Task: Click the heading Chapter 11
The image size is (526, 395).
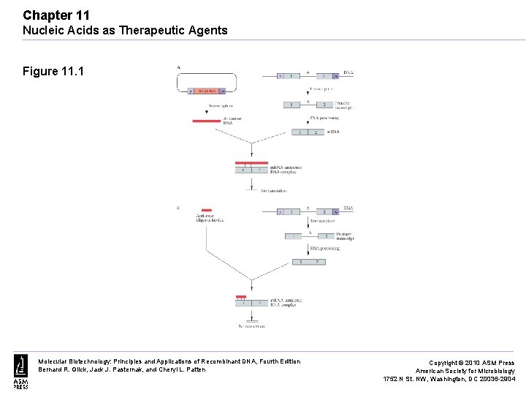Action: coord(56,15)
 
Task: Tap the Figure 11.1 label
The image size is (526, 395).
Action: coord(53,71)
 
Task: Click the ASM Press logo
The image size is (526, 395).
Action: coord(20,371)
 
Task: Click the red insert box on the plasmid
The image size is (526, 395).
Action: coord(204,91)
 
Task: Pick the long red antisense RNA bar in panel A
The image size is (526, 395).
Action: coord(206,120)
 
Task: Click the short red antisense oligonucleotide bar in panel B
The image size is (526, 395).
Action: coord(207,210)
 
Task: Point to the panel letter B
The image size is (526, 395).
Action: coord(178,208)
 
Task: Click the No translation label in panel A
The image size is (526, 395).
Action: coord(274,190)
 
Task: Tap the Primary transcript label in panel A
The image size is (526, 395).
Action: coord(343,105)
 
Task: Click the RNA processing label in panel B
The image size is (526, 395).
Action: coord(324,248)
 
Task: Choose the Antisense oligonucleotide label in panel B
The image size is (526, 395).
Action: coord(210,218)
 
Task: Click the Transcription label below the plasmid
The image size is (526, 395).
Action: coord(221,105)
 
